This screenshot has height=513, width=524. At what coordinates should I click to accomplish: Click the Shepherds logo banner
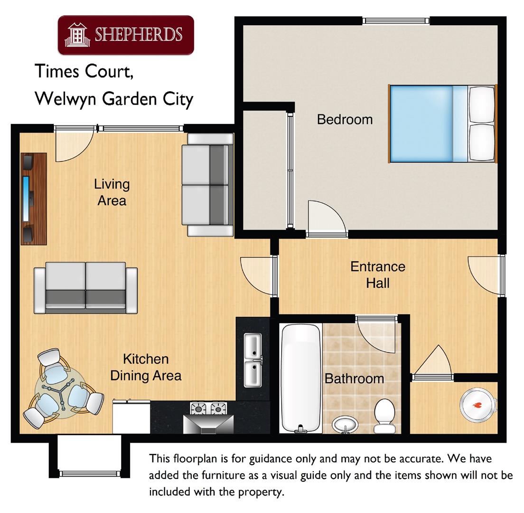click(126, 35)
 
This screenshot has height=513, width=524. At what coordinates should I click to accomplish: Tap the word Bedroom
click(345, 119)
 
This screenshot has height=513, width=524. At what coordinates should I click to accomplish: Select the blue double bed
click(442, 124)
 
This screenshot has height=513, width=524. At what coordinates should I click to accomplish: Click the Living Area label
click(112, 192)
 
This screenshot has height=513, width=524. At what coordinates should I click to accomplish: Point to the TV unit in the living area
click(33, 199)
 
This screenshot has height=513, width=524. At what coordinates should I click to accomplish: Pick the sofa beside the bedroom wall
click(208, 185)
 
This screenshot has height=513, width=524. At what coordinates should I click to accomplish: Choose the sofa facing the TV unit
click(85, 288)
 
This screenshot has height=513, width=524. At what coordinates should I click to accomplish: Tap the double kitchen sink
click(253, 360)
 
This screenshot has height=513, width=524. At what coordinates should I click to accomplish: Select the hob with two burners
click(208, 408)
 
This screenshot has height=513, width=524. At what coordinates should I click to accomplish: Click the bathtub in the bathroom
click(300, 378)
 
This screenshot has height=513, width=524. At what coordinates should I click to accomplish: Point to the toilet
click(384, 416)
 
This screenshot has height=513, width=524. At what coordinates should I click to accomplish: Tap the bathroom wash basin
click(346, 424)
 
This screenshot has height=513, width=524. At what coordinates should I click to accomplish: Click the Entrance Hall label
click(378, 275)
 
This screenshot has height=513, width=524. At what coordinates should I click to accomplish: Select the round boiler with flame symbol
click(477, 405)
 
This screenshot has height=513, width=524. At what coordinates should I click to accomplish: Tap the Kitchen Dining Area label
click(146, 367)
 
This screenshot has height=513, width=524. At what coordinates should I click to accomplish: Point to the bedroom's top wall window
click(396, 21)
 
